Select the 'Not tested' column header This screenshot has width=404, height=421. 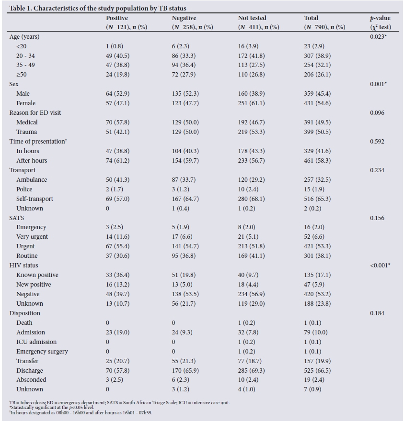[252, 18]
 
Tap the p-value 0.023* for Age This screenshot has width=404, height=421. [379, 36]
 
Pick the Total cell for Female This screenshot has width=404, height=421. [319, 103]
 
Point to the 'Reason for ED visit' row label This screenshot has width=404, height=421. [35, 112]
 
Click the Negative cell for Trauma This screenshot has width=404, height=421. [185, 132]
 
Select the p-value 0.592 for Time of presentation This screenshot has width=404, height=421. [378, 141]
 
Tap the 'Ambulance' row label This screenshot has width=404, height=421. [32, 179]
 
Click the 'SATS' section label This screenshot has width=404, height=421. [17, 218]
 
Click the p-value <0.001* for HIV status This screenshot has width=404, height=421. [380, 265]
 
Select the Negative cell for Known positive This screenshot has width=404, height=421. [185, 275]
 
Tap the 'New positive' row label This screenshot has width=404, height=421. [34, 285]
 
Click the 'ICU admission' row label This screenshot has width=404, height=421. [36, 342]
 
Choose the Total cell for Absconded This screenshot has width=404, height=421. [317, 380]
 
